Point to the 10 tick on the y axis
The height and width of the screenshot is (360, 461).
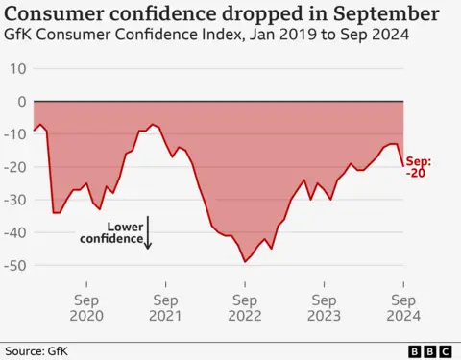(17, 69)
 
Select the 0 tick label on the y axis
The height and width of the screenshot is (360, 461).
(21, 102)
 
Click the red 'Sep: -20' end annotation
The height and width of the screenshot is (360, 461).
(419, 167)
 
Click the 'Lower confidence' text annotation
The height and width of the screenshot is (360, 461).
(124, 232)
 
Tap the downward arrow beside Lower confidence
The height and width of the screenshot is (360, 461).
(149, 235)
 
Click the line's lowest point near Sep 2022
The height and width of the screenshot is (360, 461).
(245, 261)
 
